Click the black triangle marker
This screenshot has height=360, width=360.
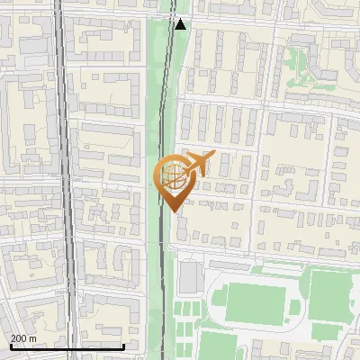[181, 24]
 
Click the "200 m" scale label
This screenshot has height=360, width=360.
[23, 337]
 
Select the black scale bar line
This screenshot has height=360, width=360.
[67, 346]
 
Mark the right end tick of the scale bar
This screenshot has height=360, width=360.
[124, 345]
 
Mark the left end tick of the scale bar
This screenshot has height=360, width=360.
[9, 345]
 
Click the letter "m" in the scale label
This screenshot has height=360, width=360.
[32, 337]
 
